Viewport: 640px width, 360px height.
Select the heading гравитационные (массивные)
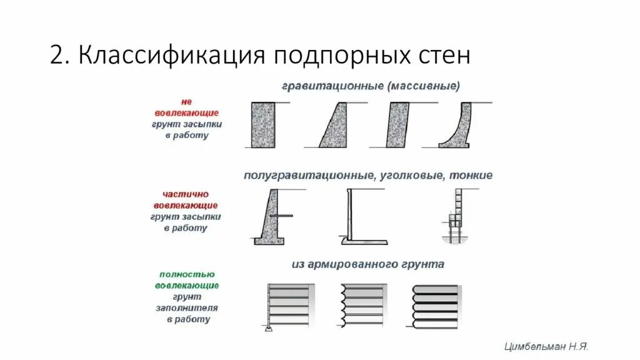(371, 86)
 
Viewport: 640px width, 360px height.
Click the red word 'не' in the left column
(186, 101)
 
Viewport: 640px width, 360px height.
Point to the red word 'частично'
(186, 194)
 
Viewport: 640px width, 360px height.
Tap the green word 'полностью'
(187, 274)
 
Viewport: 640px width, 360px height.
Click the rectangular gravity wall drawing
(263, 125)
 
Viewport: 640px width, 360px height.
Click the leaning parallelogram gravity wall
(398, 125)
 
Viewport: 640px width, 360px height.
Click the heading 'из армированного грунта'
(367, 264)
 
